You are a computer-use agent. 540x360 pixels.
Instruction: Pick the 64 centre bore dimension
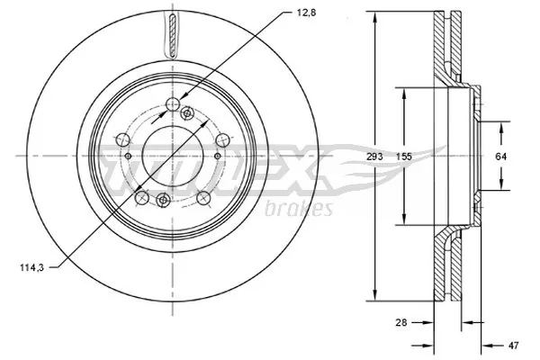point(501,157)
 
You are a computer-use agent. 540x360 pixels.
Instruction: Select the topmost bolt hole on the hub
point(170,109)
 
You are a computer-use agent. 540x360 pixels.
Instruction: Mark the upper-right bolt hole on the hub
point(219,139)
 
